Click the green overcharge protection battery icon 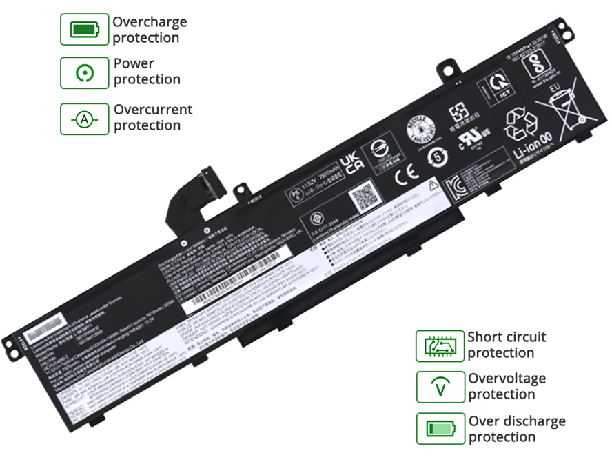(x=85, y=30)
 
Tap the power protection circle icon (x=85, y=72)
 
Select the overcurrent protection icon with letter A (x=85, y=119)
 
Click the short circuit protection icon (x=440, y=345)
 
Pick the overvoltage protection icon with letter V (x=440, y=387)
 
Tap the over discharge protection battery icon (x=440, y=428)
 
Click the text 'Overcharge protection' (x=150, y=30)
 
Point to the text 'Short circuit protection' (x=507, y=345)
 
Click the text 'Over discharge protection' (x=517, y=428)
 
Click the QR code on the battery (x=363, y=197)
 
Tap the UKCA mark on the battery (x=352, y=159)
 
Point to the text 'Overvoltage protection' (x=507, y=386)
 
